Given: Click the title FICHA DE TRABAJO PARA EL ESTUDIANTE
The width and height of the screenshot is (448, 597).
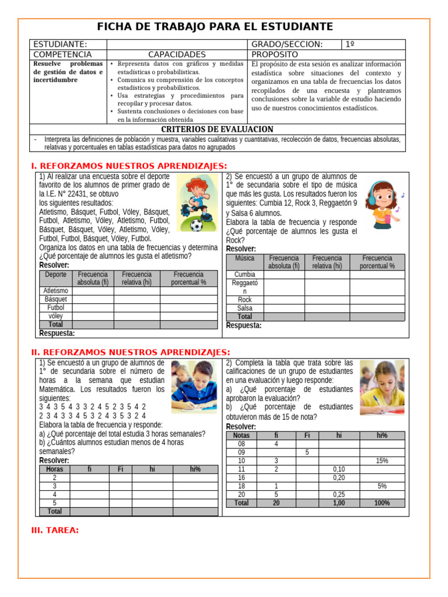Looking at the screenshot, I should click(x=215, y=27).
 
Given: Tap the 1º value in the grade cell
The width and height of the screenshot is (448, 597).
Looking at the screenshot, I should click(x=350, y=44).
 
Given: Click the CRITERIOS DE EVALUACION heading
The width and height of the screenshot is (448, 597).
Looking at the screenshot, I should click(x=217, y=129).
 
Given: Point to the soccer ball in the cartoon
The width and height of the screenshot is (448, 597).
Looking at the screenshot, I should click(x=196, y=224).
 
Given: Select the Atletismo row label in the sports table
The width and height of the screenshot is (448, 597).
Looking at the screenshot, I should click(x=56, y=290).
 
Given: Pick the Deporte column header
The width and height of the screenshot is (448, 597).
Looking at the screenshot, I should click(x=56, y=274).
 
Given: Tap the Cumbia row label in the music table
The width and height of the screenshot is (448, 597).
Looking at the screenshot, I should click(x=244, y=274).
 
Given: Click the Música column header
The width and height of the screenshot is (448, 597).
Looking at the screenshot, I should click(x=244, y=258).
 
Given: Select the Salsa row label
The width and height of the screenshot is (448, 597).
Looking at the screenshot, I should click(x=244, y=308).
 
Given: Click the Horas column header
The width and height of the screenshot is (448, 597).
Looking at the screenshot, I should click(x=54, y=469).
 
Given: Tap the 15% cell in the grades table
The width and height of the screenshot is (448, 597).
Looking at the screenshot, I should click(x=382, y=461).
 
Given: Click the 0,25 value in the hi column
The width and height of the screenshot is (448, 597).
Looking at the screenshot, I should click(x=339, y=494).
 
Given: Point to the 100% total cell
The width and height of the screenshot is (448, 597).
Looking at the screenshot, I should click(x=382, y=503).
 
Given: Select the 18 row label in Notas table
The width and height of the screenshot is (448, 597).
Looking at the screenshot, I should click(x=241, y=486).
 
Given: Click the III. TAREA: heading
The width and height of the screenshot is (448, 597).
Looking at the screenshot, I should click(x=54, y=530).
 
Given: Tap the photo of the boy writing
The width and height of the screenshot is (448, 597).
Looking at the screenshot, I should click(x=193, y=387).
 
